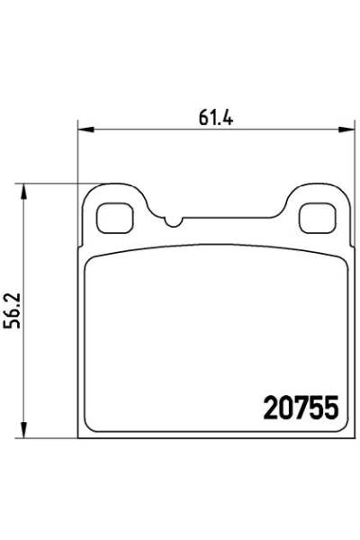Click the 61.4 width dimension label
[x=216, y=118]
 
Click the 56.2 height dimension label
[x=14, y=310]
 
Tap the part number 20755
[x=301, y=408]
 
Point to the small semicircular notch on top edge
[x=173, y=222]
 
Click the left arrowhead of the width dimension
[x=85, y=130]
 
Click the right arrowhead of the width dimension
[x=346, y=130]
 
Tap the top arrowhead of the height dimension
[x=23, y=192]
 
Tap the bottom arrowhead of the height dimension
[x=23, y=430]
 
